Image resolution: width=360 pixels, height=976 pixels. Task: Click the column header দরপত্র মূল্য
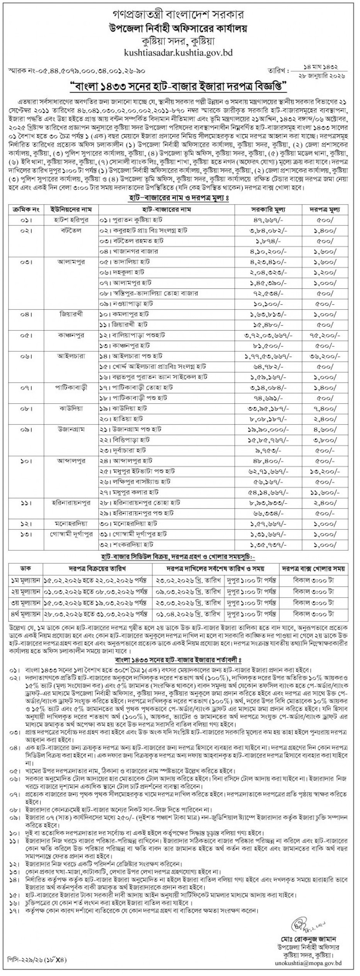[324, 210]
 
